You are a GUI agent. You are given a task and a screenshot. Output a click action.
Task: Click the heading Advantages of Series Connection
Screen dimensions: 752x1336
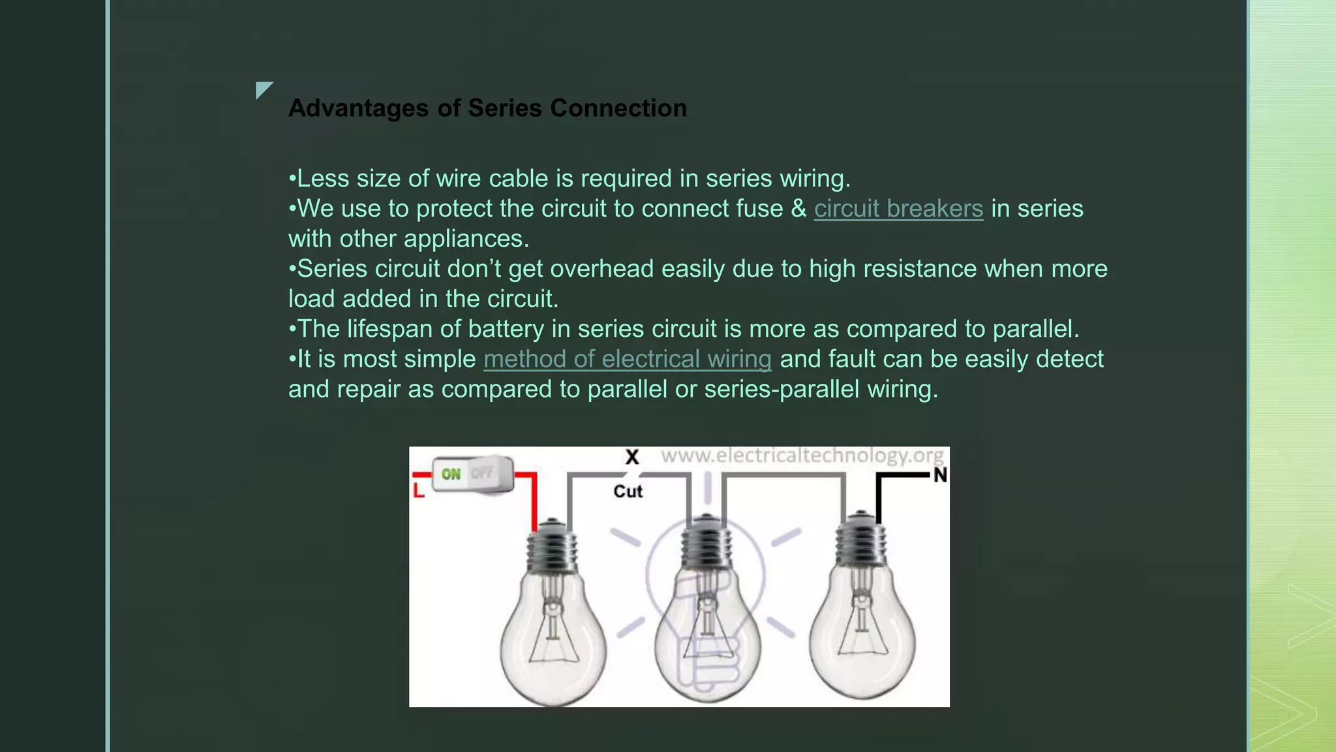tap(487, 108)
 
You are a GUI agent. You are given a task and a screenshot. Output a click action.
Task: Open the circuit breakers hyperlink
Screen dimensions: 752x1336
tap(898, 209)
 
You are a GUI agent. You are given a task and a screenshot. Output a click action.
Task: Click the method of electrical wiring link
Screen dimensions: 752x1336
tap(627, 359)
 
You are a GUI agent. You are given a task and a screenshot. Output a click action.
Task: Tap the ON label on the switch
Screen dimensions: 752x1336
tap(451, 474)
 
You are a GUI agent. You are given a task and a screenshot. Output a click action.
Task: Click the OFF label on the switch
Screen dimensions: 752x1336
tap(483, 473)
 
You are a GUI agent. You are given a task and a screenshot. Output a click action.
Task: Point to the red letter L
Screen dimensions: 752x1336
tap(419, 490)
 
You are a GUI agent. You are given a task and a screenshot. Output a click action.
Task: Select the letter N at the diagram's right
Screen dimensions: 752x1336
tap(939, 475)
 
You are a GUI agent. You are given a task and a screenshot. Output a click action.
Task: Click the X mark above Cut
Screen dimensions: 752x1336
tap(631, 457)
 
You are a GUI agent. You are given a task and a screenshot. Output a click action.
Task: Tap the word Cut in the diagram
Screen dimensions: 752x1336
tap(628, 492)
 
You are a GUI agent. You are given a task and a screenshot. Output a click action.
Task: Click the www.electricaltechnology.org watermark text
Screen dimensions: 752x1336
tap(802, 455)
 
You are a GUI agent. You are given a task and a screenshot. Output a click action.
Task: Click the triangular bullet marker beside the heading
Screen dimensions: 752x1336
tap(263, 89)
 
